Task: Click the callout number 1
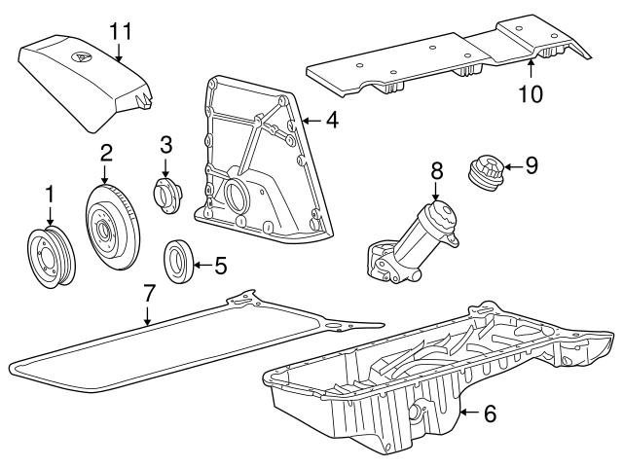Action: click(50, 196)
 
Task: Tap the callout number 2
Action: click(105, 152)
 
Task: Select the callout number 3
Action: click(165, 146)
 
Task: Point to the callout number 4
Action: click(332, 122)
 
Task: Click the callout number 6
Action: click(490, 413)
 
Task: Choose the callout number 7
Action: click(148, 291)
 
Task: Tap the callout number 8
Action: click(436, 169)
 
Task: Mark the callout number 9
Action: click(531, 164)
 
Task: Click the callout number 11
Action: click(120, 31)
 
